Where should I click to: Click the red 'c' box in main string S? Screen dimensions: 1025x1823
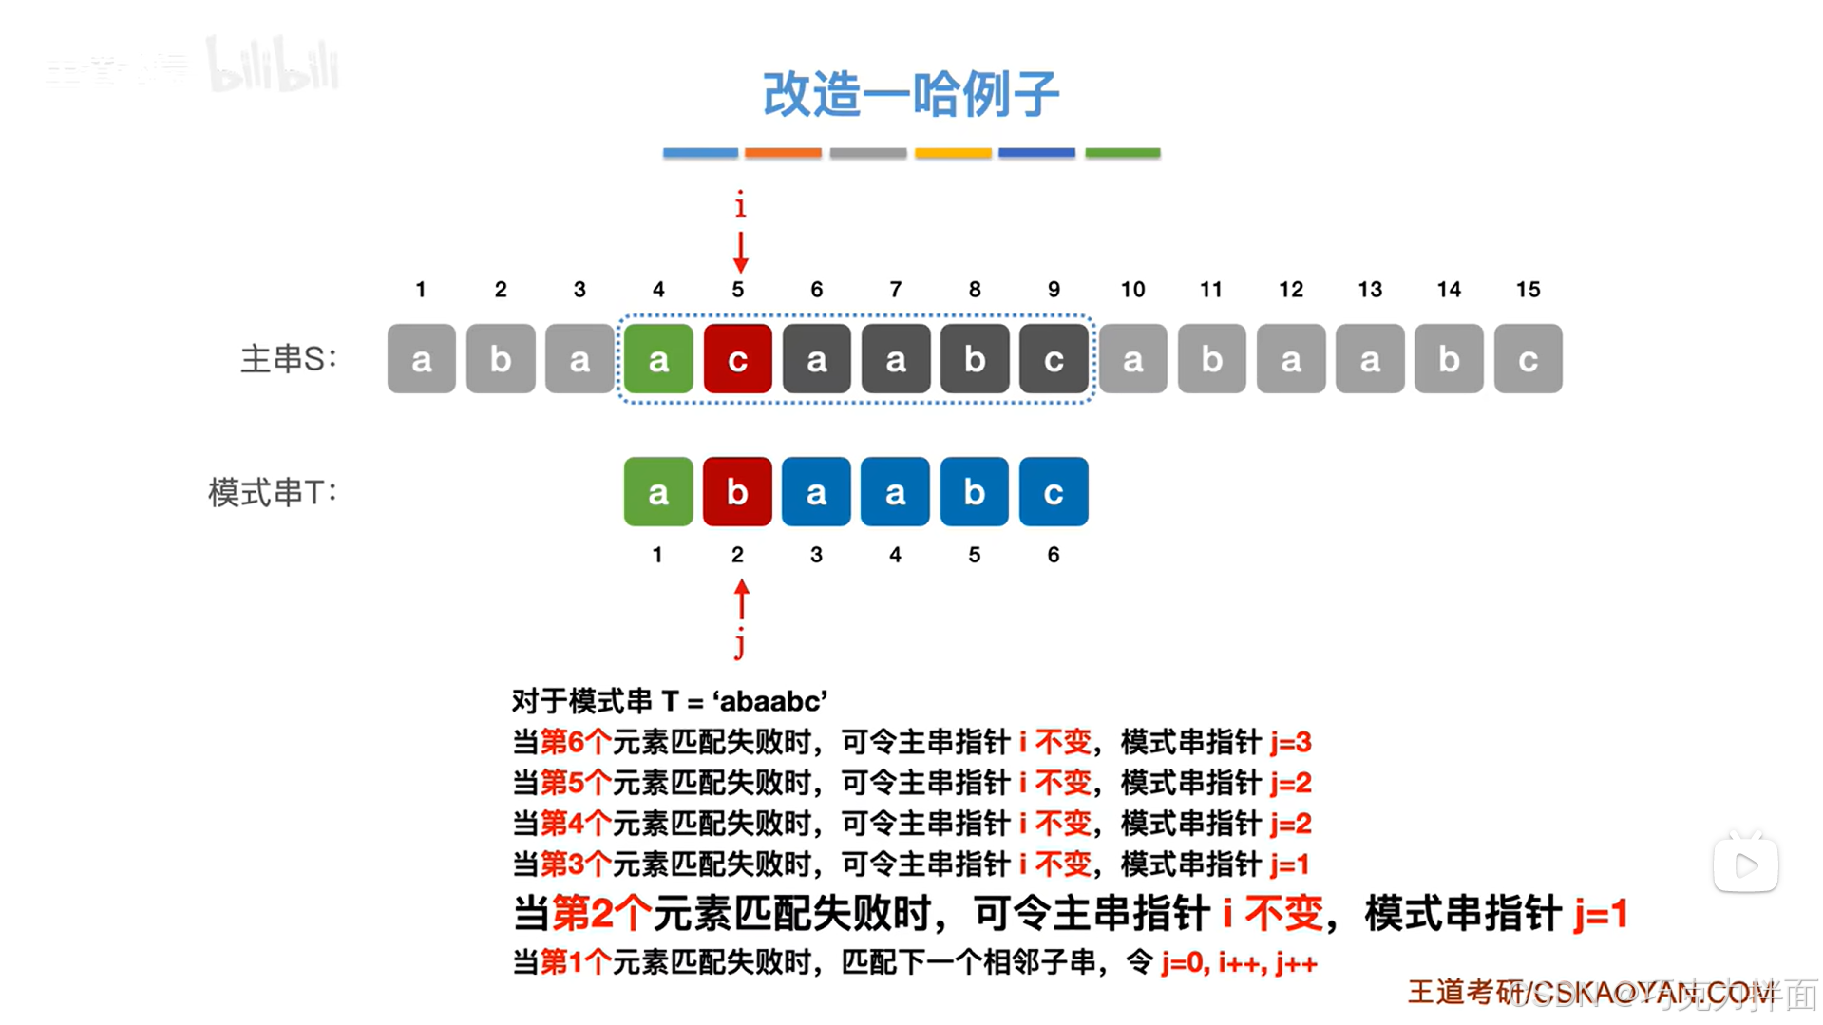737,359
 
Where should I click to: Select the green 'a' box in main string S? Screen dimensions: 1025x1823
658,359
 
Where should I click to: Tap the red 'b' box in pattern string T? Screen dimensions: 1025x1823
737,492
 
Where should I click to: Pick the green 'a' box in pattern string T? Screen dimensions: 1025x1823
658,492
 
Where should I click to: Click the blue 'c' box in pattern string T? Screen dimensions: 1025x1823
1054,492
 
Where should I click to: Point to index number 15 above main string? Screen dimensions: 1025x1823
1528,290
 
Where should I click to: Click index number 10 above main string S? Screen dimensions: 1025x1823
1132,290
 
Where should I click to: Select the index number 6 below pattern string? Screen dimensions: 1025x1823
1054,555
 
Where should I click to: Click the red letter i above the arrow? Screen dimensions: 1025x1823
740,204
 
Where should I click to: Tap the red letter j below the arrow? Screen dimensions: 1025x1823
740,644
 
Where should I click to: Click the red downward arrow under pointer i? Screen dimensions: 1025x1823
741,252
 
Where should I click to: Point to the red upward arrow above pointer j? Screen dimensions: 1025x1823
742,599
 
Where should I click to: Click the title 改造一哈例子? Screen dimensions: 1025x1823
911,94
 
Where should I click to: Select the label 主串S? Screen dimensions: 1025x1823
288,359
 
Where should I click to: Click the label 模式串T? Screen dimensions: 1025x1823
273,492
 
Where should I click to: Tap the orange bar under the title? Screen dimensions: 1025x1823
783,153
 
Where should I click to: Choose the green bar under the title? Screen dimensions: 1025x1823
1123,153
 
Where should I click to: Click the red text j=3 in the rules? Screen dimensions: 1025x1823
1291,742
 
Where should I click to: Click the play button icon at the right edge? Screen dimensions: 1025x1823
1746,864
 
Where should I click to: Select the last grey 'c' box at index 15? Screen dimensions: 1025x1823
1528,359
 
